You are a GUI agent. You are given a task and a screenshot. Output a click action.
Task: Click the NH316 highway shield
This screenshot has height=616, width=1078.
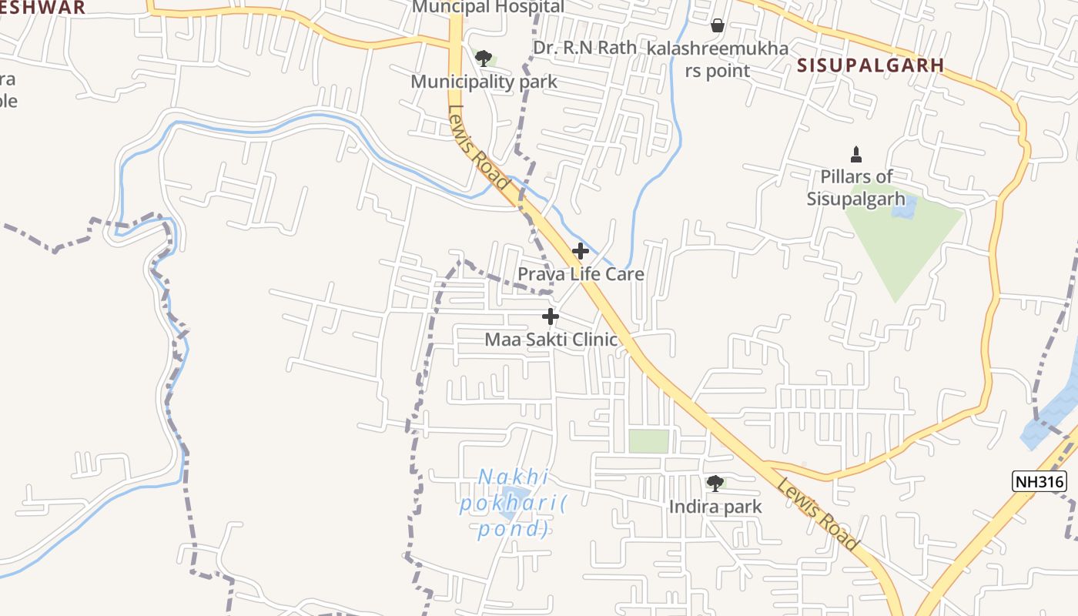pos(1039,482)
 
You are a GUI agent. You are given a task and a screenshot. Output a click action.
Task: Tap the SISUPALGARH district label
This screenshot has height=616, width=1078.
pos(870,65)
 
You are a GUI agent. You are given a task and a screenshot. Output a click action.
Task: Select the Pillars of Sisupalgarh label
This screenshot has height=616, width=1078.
pos(856,187)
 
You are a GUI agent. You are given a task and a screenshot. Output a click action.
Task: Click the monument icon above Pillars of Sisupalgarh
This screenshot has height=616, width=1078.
pos(855,155)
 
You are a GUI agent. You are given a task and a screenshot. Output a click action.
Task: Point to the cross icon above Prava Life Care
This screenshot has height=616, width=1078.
pos(581,251)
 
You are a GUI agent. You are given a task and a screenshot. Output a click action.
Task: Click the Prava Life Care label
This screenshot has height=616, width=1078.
pos(581,274)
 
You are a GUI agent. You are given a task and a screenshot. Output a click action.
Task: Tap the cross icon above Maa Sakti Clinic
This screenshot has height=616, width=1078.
pos(551,316)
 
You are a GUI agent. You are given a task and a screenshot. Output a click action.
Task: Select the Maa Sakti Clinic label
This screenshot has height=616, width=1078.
pos(551,340)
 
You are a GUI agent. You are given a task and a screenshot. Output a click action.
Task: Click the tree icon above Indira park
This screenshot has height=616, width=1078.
pos(715,484)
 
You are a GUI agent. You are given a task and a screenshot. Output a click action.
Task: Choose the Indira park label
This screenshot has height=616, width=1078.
pos(715,507)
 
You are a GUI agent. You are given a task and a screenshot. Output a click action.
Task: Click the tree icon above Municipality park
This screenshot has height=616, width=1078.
pos(484,59)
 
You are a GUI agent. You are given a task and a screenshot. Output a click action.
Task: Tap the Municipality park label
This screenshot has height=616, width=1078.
pos(484,82)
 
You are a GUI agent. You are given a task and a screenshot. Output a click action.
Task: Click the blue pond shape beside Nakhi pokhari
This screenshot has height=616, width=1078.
pos(514,498)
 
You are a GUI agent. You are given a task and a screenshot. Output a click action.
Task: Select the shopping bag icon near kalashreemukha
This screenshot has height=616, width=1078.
pos(718,26)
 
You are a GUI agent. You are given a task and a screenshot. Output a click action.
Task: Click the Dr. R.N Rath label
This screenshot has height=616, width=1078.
pos(585,48)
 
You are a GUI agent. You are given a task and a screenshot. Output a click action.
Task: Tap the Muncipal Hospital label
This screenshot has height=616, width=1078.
pos(488,7)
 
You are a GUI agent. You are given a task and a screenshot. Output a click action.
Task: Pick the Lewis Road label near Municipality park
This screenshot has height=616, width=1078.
pos(478,147)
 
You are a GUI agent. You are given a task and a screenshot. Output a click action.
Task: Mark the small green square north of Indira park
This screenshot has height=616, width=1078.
pos(648,441)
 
